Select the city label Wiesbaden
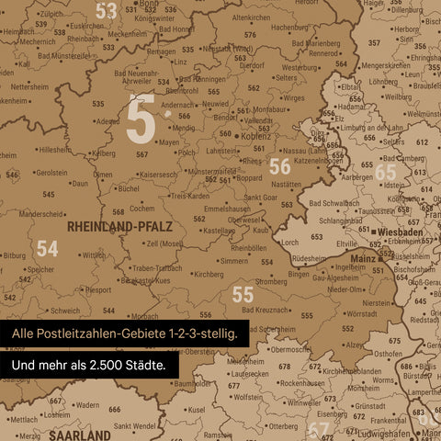[401, 232]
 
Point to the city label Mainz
[363, 259]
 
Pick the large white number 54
[47, 249]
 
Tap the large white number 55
[243, 294]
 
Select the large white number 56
[279, 166]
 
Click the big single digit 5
[141, 120]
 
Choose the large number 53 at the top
[107, 11]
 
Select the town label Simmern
[233, 261]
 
